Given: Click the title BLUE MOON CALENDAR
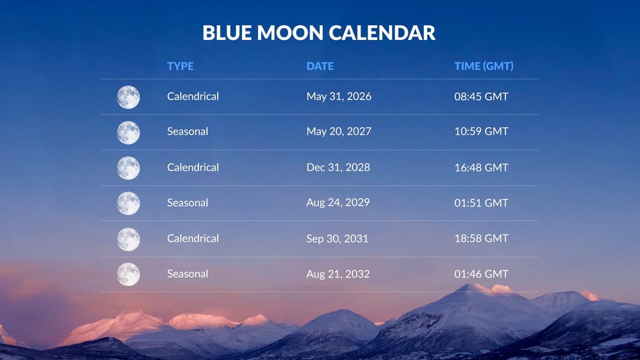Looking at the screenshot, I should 319,33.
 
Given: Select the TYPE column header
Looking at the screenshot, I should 180,66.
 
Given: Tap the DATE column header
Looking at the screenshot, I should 320,66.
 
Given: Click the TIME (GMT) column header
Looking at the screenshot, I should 483,66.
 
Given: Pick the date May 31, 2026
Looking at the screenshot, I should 339,97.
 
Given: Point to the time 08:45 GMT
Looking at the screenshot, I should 481,97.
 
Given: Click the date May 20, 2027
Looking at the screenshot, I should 339,131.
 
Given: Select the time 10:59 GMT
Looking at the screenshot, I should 481,131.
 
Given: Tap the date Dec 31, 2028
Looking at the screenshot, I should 338,167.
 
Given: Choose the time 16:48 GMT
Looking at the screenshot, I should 481,167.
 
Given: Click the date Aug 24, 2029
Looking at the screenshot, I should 338,202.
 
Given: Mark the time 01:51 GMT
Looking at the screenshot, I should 481,203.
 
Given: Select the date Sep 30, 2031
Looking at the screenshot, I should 337,239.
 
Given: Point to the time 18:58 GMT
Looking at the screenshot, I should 481,238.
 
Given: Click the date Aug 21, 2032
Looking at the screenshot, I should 338,274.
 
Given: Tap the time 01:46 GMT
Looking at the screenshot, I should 481,274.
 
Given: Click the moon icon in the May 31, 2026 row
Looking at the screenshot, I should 129,97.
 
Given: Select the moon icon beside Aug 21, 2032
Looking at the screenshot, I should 129,275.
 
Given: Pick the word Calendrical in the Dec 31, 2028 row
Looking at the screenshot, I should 193,167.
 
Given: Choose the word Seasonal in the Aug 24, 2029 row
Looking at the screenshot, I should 188,203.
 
